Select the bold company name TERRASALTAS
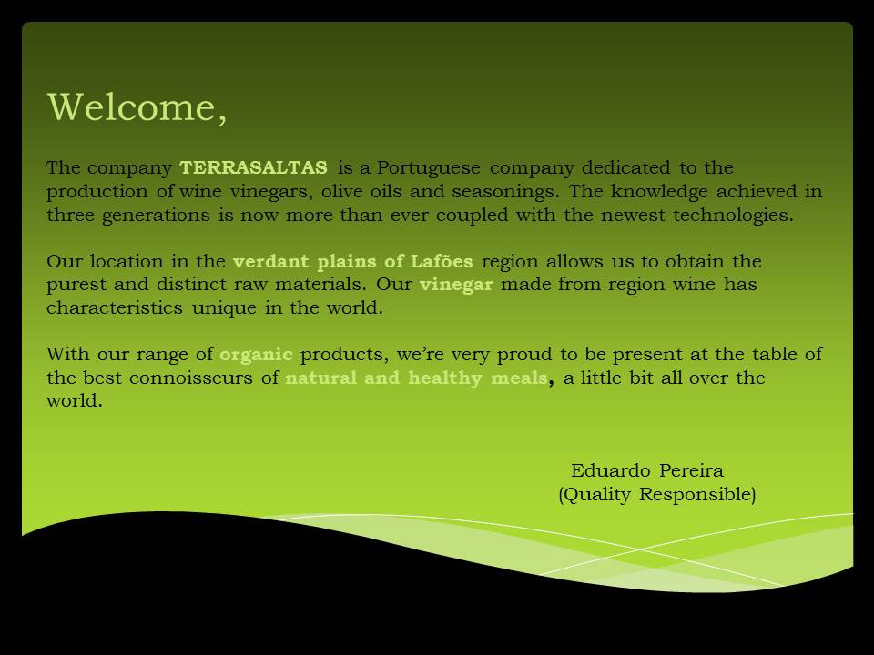tap(254, 167)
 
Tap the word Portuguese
tap(428, 168)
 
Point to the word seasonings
tap(503, 192)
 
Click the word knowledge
tap(659, 192)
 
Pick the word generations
tap(156, 216)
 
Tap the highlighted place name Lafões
tap(442, 261)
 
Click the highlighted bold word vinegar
tap(456, 285)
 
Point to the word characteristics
tap(115, 307)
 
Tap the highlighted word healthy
tap(445, 378)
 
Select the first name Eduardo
tap(610, 470)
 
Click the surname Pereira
tap(691, 470)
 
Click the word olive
tap(341, 192)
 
